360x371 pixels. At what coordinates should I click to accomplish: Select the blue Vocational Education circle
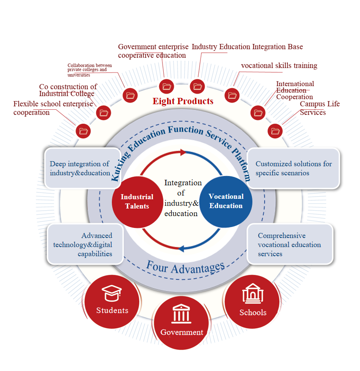coord(226,201)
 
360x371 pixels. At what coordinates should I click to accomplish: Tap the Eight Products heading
coord(183,101)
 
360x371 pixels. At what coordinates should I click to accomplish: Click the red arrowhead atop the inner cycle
coord(183,152)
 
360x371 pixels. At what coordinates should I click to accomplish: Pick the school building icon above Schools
coord(252,294)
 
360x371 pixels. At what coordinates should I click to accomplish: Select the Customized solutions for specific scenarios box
coord(293,168)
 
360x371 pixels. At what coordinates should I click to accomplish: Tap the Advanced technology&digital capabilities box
coord(85,244)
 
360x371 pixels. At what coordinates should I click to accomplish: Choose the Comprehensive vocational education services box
coord(290,244)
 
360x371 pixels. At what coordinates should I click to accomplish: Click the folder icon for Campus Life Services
coord(276,131)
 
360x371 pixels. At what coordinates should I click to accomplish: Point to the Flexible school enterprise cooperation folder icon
coord(83,131)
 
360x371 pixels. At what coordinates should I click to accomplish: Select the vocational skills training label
coord(279,66)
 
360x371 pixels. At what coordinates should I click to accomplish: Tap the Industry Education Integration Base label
coord(247,47)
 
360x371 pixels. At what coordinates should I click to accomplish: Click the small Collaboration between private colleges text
coord(89,70)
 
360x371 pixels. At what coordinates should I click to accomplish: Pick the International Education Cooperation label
coord(295,90)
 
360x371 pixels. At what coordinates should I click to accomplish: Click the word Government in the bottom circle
coord(181,332)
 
